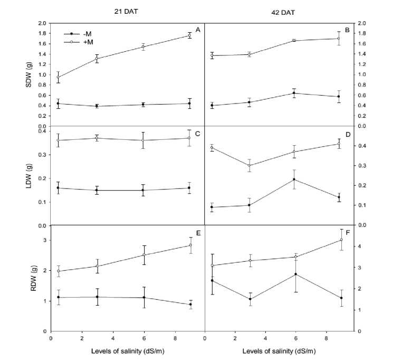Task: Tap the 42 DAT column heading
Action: tap(281, 11)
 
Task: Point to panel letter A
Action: tap(197, 30)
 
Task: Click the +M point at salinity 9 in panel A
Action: tap(189, 35)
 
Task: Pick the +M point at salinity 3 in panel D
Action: tap(250, 166)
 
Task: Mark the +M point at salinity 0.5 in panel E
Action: tap(59, 271)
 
